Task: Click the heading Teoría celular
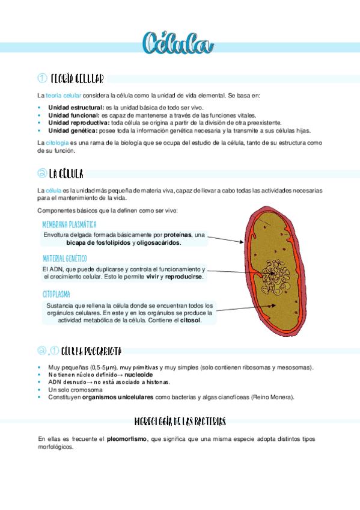[x=78, y=78]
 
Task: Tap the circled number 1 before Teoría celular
[x=42, y=78]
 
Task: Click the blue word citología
[x=57, y=143]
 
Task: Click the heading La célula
[x=67, y=174]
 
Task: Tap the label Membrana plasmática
[x=69, y=224]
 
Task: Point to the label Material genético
[x=65, y=258]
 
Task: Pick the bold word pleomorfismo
[x=127, y=439]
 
